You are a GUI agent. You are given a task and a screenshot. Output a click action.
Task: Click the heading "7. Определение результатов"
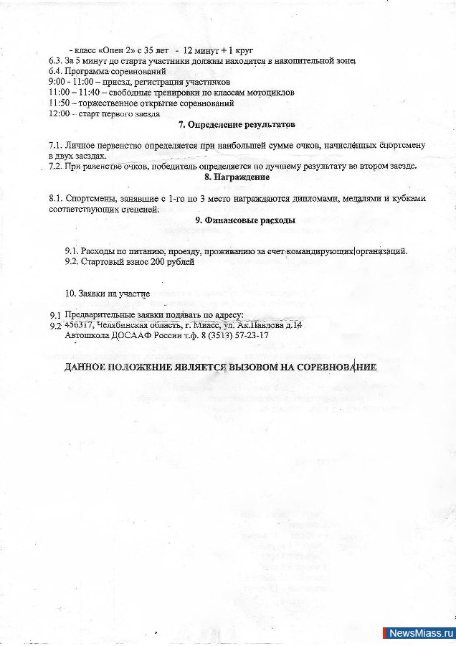[x=236, y=125]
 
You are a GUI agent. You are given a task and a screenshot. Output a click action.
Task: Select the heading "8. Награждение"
[x=237, y=177]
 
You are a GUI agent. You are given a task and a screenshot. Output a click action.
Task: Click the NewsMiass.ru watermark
[x=420, y=633]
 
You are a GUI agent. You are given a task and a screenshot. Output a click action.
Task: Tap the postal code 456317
[x=79, y=325]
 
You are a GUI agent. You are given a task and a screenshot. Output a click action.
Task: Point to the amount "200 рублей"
[x=172, y=262]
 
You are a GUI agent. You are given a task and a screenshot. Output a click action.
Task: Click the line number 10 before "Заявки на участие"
[x=70, y=294]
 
